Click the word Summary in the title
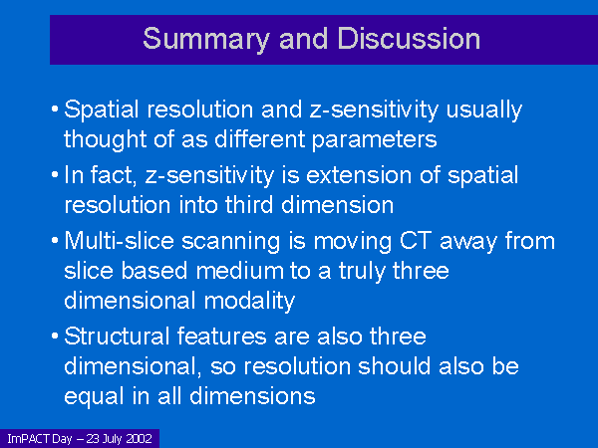click(206, 40)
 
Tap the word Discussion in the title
click(409, 39)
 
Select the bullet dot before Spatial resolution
click(55, 110)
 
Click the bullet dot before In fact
click(55, 175)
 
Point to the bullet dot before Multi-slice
click(55, 241)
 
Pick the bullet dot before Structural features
click(55, 336)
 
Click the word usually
click(484, 111)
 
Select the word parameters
click(374, 140)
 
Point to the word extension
click(359, 175)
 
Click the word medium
click(240, 271)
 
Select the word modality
click(249, 302)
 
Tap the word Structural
click(117, 336)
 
